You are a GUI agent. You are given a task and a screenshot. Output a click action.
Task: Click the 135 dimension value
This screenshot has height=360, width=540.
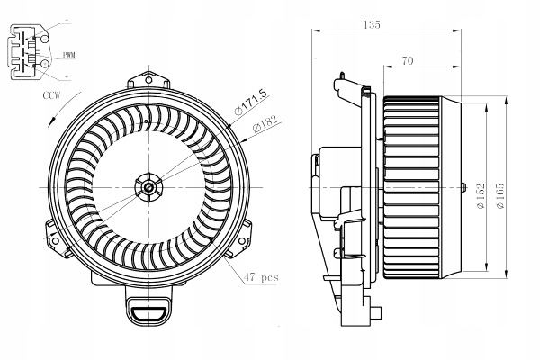point(372,25)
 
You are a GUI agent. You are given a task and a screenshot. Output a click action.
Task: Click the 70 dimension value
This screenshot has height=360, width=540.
point(407,61)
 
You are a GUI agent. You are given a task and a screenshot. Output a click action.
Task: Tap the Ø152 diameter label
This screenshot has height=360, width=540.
point(481,195)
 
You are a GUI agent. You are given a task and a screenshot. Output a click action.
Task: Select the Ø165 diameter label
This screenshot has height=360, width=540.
point(500,195)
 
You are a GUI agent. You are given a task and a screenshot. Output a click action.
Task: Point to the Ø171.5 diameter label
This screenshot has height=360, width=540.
point(250,102)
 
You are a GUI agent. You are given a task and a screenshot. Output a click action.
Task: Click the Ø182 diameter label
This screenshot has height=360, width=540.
point(265,124)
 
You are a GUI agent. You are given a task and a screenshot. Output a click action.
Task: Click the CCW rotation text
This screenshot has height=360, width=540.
point(51,95)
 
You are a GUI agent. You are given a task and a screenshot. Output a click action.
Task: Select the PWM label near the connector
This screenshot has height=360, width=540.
point(69,55)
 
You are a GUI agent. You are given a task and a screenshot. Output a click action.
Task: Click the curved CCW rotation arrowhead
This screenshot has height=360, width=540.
point(53,122)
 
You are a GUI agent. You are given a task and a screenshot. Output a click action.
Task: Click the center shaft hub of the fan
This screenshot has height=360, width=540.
point(148,187)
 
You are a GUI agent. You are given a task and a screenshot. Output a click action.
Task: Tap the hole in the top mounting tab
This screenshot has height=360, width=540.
point(148,80)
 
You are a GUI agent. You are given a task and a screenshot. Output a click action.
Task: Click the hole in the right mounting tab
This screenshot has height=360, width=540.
point(242,240)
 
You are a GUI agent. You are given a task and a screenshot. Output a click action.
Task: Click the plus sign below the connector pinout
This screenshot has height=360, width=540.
point(66,76)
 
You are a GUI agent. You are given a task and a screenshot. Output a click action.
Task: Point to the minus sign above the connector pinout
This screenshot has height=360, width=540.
point(67,22)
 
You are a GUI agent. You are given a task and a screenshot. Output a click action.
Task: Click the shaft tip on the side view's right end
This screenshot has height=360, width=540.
point(463,187)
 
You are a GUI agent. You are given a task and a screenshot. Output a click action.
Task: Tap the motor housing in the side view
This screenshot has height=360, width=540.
point(340,184)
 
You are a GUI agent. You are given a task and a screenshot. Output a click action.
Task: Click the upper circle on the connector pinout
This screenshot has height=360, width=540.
point(45,39)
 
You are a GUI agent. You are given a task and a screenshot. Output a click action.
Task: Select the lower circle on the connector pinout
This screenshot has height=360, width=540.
point(45,64)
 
